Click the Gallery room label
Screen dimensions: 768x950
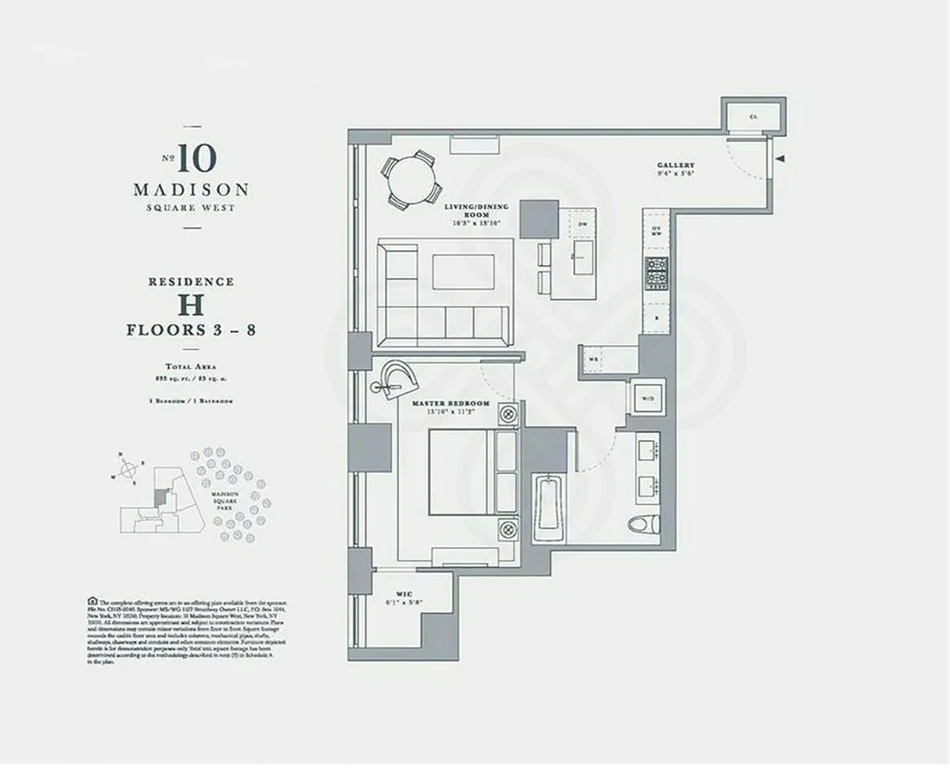[x=675, y=165]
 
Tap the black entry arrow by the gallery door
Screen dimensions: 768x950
[x=781, y=160]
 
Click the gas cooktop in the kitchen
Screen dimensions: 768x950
[x=657, y=273]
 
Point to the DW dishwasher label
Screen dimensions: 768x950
[x=583, y=225]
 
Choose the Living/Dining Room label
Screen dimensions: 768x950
[x=465, y=211]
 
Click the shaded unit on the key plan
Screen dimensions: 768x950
[x=161, y=496]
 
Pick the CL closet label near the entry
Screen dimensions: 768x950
[x=754, y=116]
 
